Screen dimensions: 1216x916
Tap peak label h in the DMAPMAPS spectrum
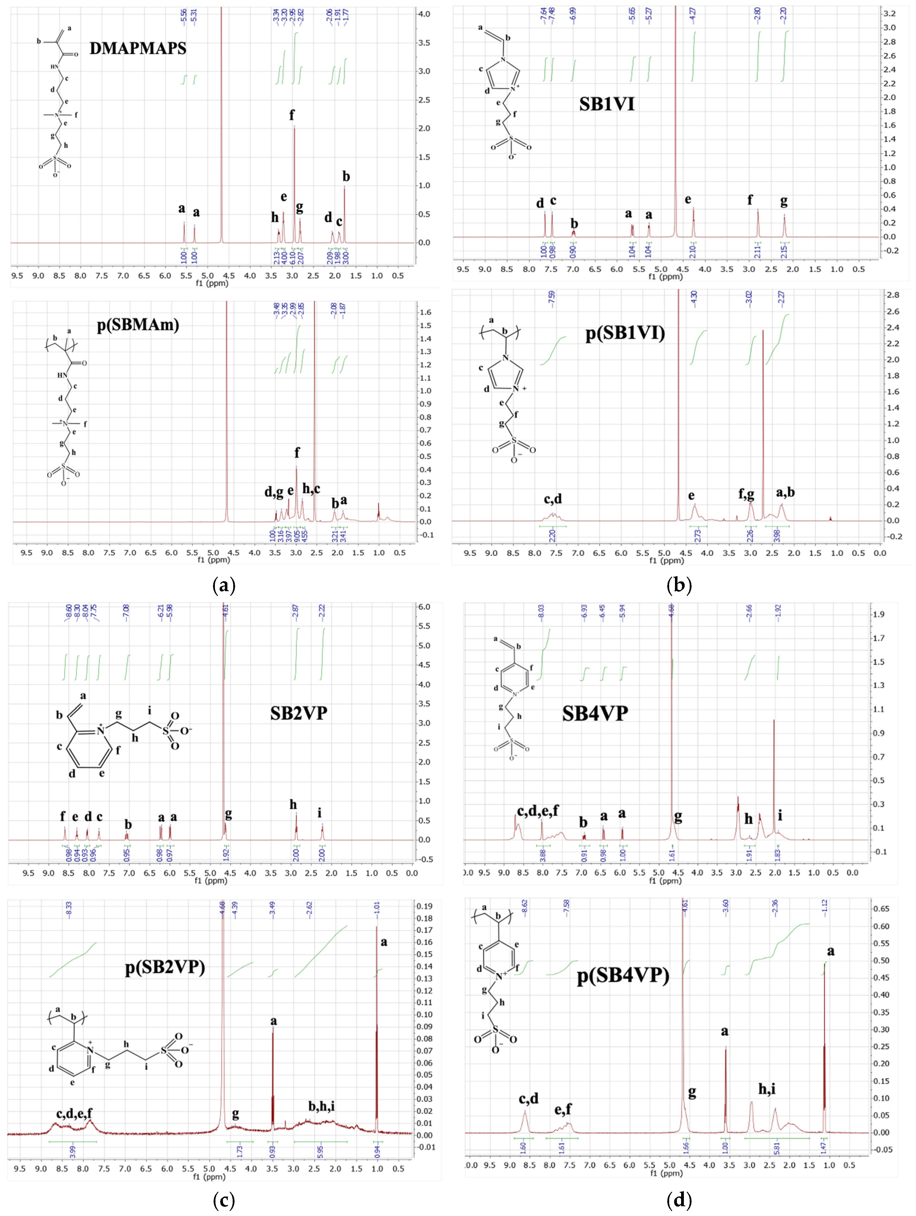275,218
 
